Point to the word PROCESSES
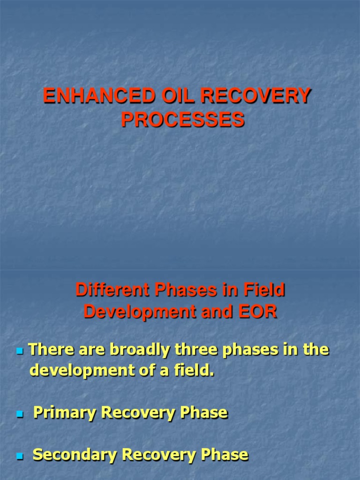click(x=183, y=120)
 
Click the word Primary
click(x=65, y=412)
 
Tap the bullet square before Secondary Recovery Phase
click(x=20, y=456)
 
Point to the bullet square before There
click(x=20, y=351)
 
